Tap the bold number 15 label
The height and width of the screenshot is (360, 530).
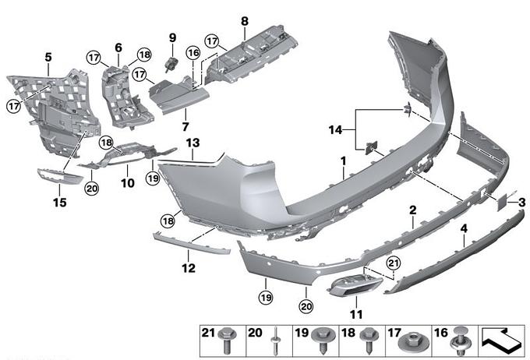pos(60,203)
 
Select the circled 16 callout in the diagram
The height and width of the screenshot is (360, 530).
pos(193,53)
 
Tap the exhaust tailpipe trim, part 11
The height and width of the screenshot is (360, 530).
pos(355,286)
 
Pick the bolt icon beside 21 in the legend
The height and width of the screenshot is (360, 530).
pos(230,340)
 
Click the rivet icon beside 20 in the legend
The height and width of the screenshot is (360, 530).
pos(275,340)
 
